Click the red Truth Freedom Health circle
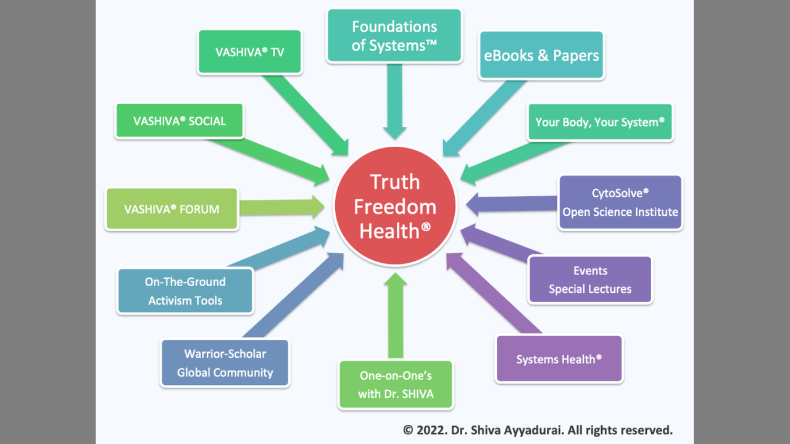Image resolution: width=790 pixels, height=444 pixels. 394,207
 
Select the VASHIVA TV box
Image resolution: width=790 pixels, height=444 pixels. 250,52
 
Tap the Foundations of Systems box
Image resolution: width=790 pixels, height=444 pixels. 394,36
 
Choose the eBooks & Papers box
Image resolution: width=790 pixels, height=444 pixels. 541,55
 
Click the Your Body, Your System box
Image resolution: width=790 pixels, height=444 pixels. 600,122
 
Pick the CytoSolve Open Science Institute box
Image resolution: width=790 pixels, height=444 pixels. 620,203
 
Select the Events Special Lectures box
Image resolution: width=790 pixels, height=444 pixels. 590,280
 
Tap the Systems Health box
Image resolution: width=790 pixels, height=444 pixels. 559,359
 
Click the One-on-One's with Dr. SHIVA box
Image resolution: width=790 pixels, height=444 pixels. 396,384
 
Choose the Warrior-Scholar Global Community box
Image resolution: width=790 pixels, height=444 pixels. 225,363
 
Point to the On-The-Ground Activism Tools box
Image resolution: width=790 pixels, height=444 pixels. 185,291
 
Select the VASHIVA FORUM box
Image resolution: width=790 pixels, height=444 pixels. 172,209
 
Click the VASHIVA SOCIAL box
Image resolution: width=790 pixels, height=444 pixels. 180,121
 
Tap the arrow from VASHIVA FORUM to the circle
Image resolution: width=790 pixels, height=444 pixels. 281,207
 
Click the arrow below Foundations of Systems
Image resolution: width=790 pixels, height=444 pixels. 395,99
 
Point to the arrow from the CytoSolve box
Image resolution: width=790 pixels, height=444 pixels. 512,204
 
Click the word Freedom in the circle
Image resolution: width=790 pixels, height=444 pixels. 395,207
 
